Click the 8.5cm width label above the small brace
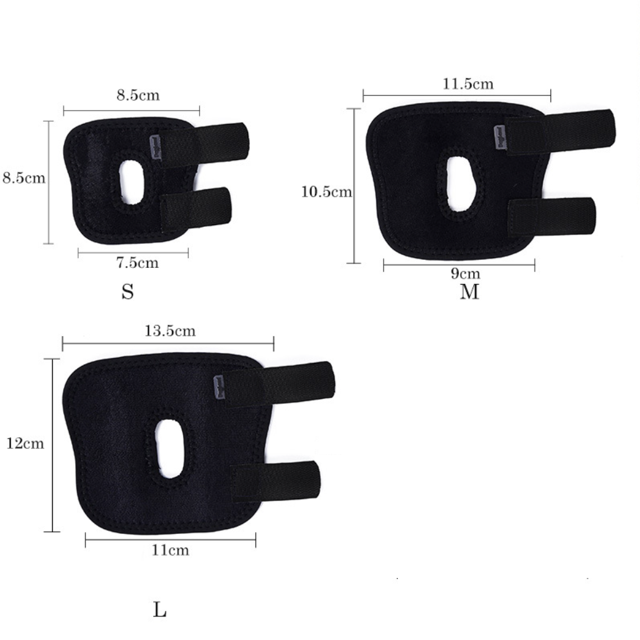pos(138,95)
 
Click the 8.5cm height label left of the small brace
pos(24,178)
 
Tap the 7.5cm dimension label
pos(138,262)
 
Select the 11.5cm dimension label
pos(468,84)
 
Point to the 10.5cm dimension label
pos(327,192)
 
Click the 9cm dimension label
pos(466,273)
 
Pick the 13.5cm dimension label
pos(170,330)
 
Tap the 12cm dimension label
pos(25,443)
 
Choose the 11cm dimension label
pos(171,550)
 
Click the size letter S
pos(127,292)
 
